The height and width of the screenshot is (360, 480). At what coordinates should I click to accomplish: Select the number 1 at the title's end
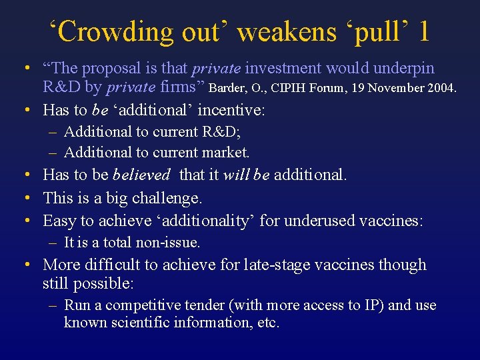[x=424, y=32]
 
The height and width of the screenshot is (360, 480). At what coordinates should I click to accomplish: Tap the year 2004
[x=439, y=87]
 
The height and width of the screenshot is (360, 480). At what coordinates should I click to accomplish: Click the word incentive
[x=231, y=109]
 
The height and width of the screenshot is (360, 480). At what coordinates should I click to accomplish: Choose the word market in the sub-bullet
[x=225, y=153]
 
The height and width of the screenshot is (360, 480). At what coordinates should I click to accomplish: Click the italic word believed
[x=141, y=175]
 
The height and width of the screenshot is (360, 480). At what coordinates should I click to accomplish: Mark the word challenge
[x=166, y=198]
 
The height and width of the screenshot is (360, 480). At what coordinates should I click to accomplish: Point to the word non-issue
[x=168, y=243]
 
